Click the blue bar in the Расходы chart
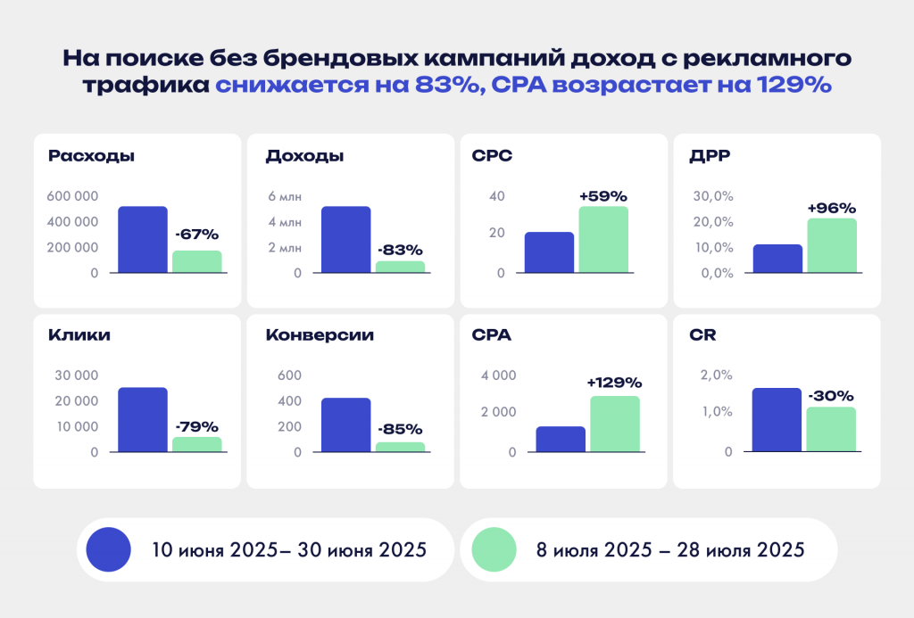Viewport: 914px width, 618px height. (143, 239)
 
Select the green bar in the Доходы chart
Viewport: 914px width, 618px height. (400, 267)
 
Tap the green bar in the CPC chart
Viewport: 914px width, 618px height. (603, 239)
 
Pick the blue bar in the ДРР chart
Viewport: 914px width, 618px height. (777, 259)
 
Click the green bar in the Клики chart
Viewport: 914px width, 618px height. (196, 444)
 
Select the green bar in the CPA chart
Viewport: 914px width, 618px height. (614, 424)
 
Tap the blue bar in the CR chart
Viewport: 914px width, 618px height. (777, 419)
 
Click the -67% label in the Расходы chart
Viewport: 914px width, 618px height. (196, 235)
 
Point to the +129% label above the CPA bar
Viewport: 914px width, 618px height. (614, 382)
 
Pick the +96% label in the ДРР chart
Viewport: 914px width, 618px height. (831, 208)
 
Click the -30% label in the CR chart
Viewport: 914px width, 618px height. (831, 395)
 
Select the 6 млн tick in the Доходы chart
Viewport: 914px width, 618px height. (285, 196)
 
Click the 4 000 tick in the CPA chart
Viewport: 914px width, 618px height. (498, 375)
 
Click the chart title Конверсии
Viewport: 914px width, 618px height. (320, 335)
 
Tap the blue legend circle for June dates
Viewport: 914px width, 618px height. (108, 549)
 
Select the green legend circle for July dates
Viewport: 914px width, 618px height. (494, 549)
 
